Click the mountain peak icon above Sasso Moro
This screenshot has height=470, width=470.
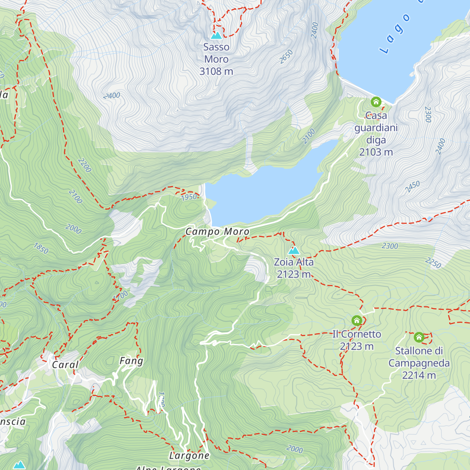point(216,36)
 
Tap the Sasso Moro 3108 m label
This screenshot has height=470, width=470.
point(216,59)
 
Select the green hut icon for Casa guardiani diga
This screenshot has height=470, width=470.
point(376,102)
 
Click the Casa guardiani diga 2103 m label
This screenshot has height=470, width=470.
point(376,134)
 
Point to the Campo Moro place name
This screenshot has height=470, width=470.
point(217,232)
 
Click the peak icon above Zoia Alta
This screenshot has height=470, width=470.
point(294,251)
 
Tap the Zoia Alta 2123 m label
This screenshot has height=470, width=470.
point(294,268)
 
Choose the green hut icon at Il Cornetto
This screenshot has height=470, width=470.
point(356,320)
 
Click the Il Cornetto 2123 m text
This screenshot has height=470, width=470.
point(356,340)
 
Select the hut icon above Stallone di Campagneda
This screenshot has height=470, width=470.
point(419,337)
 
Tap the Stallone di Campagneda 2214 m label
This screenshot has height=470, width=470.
point(419,363)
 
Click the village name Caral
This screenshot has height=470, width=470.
point(65,365)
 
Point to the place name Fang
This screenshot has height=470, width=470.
point(131,361)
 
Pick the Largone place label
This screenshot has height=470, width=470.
point(189,456)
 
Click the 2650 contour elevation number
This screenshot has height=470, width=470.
point(286,57)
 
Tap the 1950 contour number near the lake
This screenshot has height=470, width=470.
point(189,197)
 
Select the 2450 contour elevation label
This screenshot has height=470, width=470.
point(412,186)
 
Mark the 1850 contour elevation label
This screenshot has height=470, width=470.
point(41,248)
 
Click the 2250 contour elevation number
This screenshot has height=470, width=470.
point(433,263)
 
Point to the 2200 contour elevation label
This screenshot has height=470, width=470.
point(85,165)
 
